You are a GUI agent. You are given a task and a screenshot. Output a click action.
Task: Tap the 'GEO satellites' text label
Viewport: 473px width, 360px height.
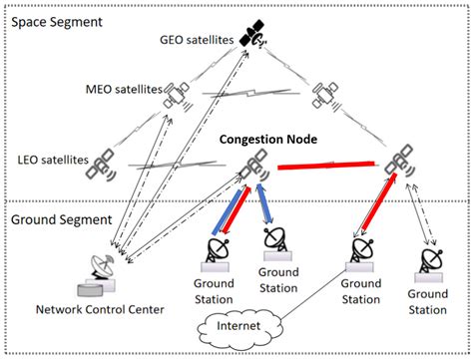click(197, 41)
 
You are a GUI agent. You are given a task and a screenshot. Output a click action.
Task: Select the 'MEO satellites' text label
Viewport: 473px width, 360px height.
click(125, 91)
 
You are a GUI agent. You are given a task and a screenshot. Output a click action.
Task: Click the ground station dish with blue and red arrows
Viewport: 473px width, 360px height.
click(217, 250)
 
